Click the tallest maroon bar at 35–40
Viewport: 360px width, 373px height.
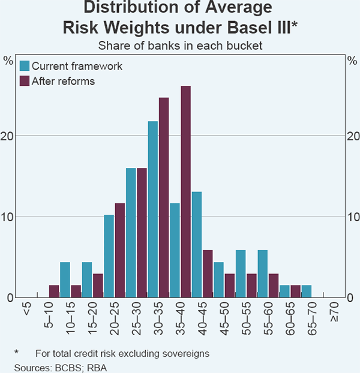coord(185,192)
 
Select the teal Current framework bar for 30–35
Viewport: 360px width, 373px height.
coord(153,209)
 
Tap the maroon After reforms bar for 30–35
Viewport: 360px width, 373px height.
coord(164,197)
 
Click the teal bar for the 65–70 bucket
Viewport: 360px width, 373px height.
coord(307,291)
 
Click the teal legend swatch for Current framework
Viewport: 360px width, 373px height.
coord(25,66)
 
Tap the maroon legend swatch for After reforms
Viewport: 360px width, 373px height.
coord(25,81)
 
